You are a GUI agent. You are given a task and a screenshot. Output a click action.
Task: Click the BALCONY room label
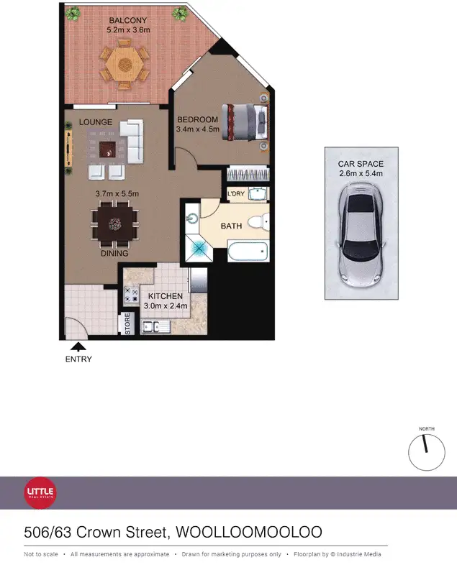point(127,20)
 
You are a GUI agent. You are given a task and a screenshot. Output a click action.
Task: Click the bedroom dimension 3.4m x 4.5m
point(196,130)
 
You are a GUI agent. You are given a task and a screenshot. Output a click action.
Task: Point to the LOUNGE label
point(96,122)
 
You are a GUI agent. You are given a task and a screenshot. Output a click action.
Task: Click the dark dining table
point(115,224)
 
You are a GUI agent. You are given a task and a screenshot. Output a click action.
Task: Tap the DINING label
point(114,253)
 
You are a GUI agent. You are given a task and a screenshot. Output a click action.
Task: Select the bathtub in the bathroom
point(248,252)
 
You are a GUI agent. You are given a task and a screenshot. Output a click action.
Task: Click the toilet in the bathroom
point(257,221)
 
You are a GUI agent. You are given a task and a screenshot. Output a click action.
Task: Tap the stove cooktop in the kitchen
point(132,293)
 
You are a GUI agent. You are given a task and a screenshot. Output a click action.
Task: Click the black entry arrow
point(78,346)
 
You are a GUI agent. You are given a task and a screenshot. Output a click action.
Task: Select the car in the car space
point(361,231)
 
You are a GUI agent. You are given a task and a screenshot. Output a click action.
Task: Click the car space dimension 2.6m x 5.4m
point(361,173)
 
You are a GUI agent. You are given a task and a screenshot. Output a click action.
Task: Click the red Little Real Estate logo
point(41,492)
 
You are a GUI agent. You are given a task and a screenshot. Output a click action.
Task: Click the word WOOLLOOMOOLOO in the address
point(249,533)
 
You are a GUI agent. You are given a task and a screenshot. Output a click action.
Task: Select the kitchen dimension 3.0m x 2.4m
point(167,305)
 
